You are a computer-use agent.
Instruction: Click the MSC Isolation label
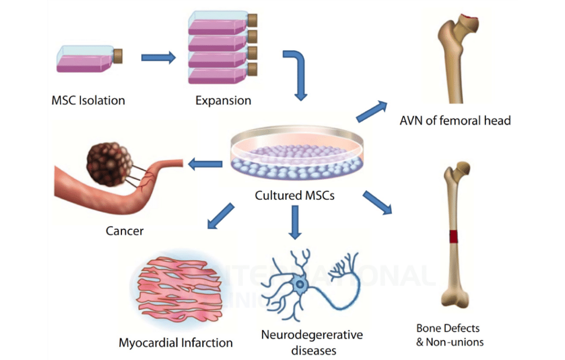coord(88,100)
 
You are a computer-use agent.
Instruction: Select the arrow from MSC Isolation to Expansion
coord(158,57)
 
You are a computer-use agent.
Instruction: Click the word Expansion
coord(223,100)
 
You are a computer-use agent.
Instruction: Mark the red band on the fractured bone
coord(454,237)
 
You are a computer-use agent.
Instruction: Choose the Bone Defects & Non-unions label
coord(450,335)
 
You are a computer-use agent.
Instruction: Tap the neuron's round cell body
coord(300,285)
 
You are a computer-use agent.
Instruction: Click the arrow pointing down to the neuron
coord(295,223)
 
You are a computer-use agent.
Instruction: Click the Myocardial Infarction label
coord(175,342)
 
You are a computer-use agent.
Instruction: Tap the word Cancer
coord(125,230)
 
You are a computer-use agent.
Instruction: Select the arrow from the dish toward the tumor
coord(205,163)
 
